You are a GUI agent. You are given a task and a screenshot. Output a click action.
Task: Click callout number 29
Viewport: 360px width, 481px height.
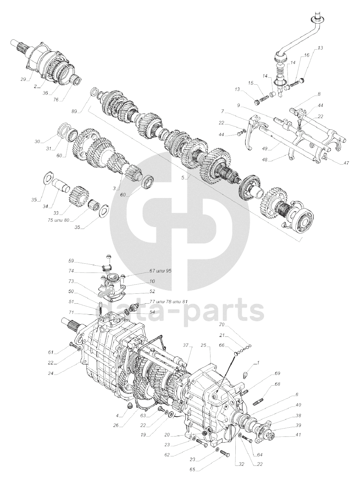(x=23, y=79)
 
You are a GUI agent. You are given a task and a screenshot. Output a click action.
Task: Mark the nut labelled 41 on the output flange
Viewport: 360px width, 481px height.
(x=271, y=436)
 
